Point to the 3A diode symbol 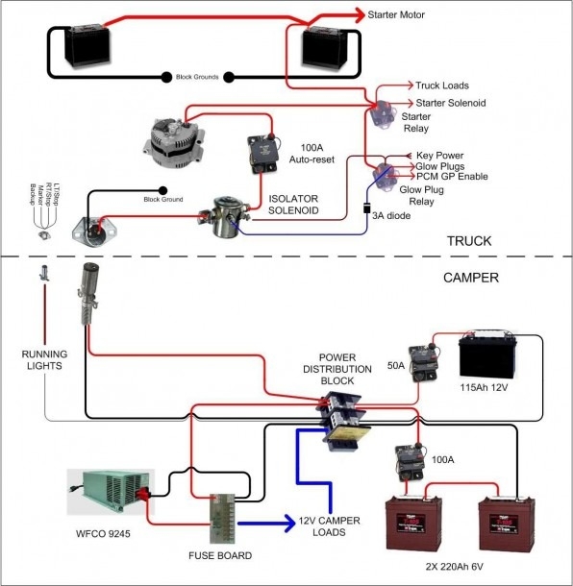click(x=367, y=206)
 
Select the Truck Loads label click(x=441, y=85)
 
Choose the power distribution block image click(x=341, y=420)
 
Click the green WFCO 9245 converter click(x=109, y=495)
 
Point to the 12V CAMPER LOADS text click(x=330, y=526)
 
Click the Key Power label click(x=440, y=155)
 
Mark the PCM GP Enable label click(x=452, y=177)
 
